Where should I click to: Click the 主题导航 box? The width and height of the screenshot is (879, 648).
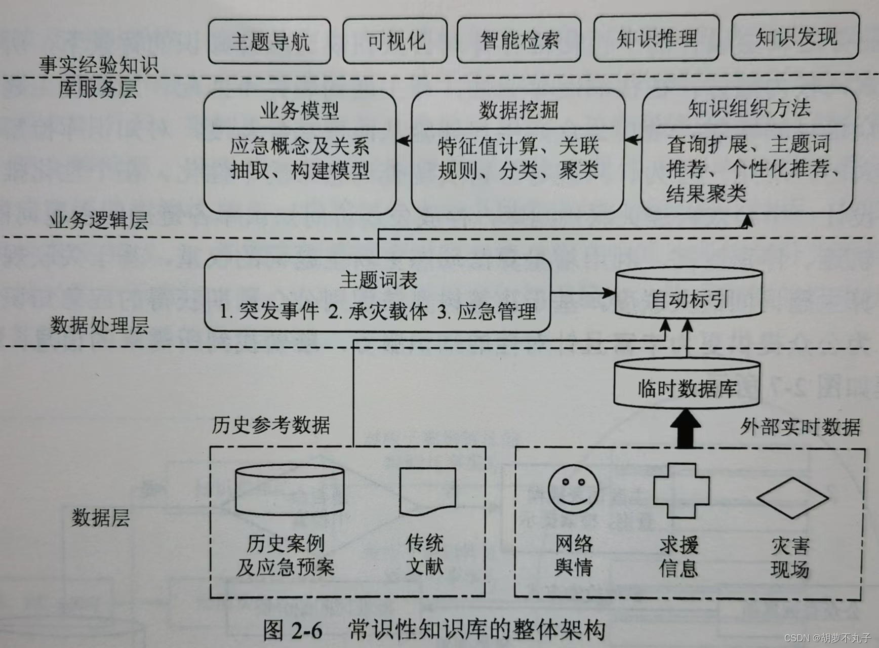(269, 42)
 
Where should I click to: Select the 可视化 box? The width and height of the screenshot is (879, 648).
(395, 41)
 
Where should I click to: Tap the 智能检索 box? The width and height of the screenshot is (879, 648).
(519, 40)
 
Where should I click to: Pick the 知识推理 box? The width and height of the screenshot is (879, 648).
(656, 38)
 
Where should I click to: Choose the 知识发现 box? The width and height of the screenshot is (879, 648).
(795, 37)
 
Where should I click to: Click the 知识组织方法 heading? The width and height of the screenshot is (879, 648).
(748, 108)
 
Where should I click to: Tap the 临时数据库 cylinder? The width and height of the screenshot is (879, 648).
(687, 387)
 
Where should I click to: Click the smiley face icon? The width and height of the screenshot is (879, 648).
(573, 489)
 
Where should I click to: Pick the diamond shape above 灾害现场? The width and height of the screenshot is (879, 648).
(792, 497)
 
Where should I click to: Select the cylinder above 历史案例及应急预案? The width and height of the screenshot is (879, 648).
(290, 490)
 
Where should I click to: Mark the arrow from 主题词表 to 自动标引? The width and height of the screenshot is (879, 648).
(582, 292)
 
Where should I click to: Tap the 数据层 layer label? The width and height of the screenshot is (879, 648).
(100, 517)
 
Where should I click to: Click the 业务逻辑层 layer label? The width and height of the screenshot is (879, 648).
(99, 221)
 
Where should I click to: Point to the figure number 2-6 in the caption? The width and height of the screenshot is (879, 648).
(307, 631)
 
